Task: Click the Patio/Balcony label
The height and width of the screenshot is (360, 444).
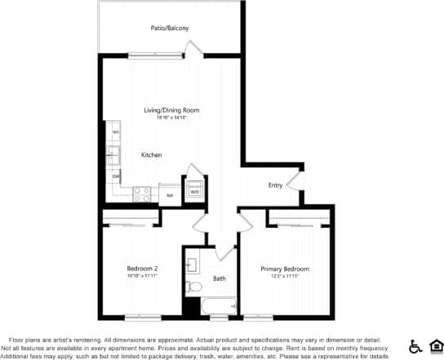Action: pos(170,29)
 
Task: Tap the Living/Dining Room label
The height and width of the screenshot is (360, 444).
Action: pos(171,110)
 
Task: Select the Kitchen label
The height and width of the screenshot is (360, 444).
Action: pos(151,155)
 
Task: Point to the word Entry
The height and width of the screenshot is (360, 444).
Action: pos(275,185)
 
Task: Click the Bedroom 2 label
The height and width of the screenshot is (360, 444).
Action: pos(142,269)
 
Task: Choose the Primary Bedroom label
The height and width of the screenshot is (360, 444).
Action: pos(285,269)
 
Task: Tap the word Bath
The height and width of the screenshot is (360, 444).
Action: pos(220,278)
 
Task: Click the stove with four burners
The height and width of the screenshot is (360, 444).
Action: pos(143,194)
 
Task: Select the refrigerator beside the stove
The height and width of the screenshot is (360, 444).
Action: pos(170,195)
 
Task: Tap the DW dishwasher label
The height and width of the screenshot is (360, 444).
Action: pos(116,176)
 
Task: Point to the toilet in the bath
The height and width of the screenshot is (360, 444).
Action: pos(193,287)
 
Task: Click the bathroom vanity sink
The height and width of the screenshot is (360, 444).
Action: pos(193,264)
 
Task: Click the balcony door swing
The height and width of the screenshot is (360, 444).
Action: pos(193,48)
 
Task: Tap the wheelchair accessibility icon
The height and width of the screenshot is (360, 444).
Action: pos(414,345)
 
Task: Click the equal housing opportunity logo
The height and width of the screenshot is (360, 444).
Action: pos(434,345)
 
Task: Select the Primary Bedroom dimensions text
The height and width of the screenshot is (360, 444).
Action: pos(285,276)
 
